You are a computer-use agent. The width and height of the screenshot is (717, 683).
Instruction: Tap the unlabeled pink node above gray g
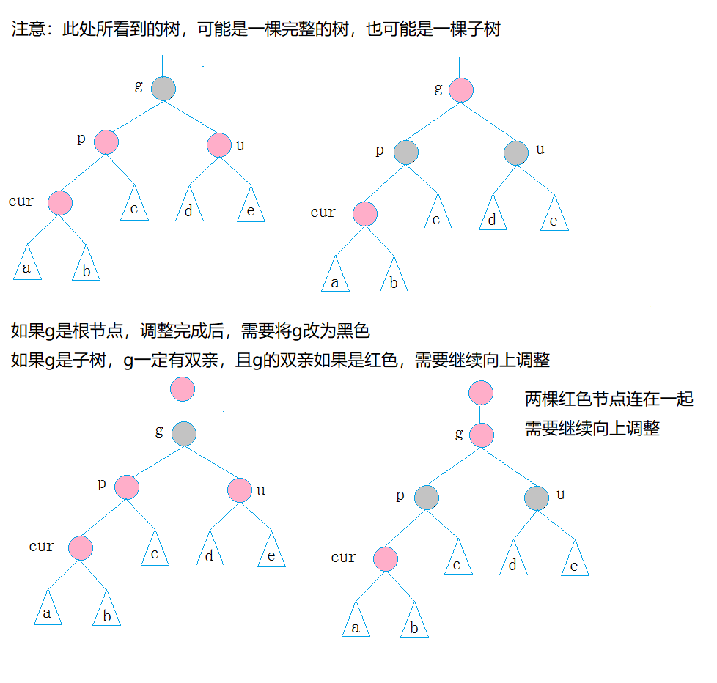[x=183, y=389]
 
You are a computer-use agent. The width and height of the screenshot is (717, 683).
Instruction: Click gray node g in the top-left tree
[x=163, y=89]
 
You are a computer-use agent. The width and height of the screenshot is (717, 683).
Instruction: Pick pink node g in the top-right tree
[x=460, y=90]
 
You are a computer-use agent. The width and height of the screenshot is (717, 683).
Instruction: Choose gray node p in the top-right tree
[x=405, y=152]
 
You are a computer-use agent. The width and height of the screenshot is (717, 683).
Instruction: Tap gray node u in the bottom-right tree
[x=537, y=498]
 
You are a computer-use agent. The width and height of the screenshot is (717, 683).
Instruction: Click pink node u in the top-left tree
[x=219, y=144]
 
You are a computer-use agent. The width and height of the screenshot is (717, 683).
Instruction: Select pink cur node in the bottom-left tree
[x=81, y=547]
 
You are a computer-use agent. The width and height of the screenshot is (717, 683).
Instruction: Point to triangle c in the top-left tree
[x=134, y=206]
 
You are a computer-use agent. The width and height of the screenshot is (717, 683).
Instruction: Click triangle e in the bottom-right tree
[x=575, y=561]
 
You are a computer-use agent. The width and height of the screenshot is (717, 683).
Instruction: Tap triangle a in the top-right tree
[x=335, y=277]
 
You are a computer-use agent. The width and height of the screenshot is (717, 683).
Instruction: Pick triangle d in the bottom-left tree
[x=210, y=552]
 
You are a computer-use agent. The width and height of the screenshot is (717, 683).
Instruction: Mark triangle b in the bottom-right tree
[x=414, y=623]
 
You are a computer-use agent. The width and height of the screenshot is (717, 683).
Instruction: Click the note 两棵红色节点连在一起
[x=608, y=399]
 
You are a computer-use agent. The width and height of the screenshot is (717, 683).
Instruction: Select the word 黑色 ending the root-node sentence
[x=353, y=331]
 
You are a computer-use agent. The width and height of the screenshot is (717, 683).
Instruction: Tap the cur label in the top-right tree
[x=323, y=213]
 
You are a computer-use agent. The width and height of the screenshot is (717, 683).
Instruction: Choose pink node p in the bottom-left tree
[x=127, y=487]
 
